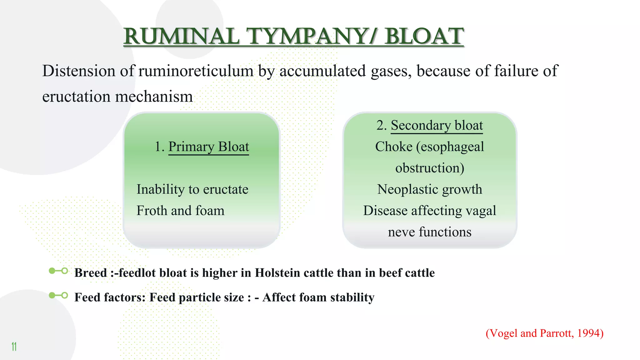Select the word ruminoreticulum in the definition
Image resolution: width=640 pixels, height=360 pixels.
[196, 71]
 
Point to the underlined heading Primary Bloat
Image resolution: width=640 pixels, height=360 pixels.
[208, 147]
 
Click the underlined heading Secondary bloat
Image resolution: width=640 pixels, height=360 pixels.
[437, 125]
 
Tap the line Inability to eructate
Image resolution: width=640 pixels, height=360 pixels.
[192, 189]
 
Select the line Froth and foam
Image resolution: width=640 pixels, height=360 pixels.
[180, 211]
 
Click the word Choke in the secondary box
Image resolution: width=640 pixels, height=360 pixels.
[393, 147]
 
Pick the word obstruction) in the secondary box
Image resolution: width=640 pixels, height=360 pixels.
[430, 168]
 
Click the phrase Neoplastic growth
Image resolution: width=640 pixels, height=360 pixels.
[429, 189]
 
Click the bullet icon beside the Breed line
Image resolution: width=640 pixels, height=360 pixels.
[58, 271]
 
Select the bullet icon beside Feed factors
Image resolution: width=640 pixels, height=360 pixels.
[58, 295]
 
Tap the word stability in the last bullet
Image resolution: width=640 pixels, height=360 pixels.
[352, 297]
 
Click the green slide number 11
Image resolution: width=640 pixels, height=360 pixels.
[14, 347]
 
